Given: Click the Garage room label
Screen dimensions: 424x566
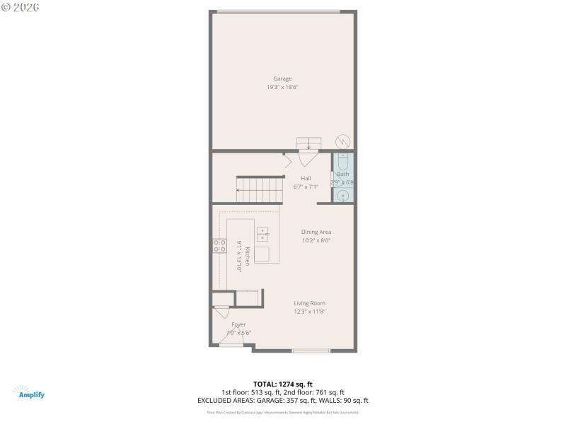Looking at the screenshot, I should [x=282, y=78].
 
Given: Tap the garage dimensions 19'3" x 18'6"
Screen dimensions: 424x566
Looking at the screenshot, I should [x=282, y=87].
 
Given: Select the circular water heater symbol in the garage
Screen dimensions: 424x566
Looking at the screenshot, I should [x=342, y=140].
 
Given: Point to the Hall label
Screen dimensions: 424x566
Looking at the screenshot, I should [x=306, y=178].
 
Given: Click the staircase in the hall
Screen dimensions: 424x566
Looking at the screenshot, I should [x=259, y=189].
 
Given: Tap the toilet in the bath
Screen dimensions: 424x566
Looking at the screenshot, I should [x=342, y=161].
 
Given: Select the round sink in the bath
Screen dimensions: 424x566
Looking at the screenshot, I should [x=342, y=195].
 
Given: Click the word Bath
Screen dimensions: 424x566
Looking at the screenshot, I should [x=343, y=174].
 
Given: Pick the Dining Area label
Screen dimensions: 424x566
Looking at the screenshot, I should [x=316, y=232].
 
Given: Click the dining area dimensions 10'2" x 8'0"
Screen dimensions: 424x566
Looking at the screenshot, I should [x=316, y=240].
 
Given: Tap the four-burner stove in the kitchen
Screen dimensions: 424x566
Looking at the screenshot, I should [x=220, y=246].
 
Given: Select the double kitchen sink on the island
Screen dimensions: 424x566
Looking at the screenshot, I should [x=262, y=234].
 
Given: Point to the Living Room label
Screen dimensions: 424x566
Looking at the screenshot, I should [x=310, y=303].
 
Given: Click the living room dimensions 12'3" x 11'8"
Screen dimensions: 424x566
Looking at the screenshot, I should [x=310, y=312].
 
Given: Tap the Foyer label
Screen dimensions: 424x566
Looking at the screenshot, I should [x=238, y=324].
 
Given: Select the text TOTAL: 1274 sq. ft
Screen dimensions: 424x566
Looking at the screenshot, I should [x=282, y=384].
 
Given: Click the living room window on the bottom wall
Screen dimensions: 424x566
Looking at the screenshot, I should [x=311, y=350].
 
